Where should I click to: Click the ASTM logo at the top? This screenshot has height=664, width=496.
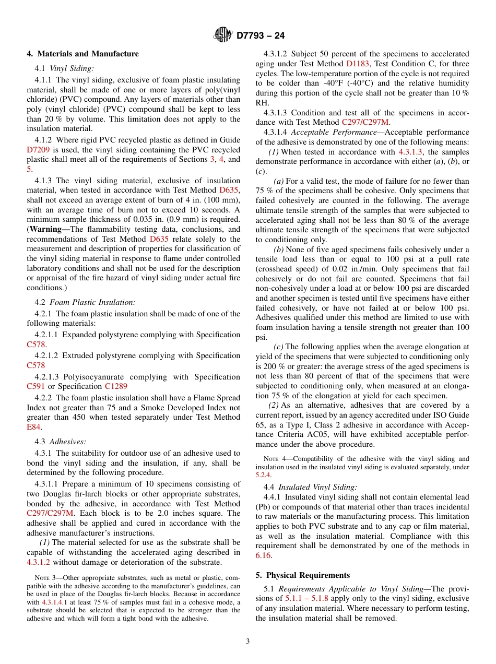click(223, 35)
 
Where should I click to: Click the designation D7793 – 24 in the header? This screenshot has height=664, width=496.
click(261, 36)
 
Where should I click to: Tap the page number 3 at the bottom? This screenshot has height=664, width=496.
click(247, 642)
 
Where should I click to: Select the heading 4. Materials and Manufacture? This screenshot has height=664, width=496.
click(82, 54)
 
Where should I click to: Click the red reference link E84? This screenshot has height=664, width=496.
click(33, 427)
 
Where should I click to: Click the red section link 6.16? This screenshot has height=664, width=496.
click(263, 555)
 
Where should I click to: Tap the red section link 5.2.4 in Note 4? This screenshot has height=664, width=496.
click(263, 475)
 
